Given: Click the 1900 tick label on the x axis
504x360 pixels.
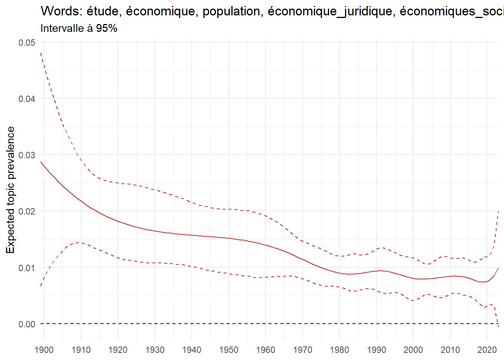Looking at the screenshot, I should tap(44, 350).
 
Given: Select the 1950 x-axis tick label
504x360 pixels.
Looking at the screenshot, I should tap(229, 350).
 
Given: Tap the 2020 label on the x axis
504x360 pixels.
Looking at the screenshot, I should tap(487, 350).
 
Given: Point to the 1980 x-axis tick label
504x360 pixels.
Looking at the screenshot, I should tap(339, 350).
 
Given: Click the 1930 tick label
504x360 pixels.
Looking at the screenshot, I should tap(155, 350).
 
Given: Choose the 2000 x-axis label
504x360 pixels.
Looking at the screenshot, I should tap(413, 350).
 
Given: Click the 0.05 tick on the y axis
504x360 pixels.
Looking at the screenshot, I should tap(27, 43).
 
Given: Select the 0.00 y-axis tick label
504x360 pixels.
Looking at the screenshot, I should tap(27, 324).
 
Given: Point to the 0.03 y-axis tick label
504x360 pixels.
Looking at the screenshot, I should tap(27, 155).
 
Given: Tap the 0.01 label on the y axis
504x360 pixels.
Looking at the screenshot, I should tap(27, 268).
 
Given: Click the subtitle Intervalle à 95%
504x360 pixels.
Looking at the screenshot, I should tap(79, 28).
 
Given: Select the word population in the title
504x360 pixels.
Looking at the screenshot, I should tap(231, 12).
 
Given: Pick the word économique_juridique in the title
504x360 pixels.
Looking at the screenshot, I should tap(330, 12).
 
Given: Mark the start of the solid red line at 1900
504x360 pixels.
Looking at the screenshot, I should tap(41, 162).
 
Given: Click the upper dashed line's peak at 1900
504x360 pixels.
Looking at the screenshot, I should tap(41, 53).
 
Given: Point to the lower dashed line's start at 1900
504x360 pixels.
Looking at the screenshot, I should tap(41, 286).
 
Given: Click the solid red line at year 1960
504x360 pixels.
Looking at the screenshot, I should tap(265, 245).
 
